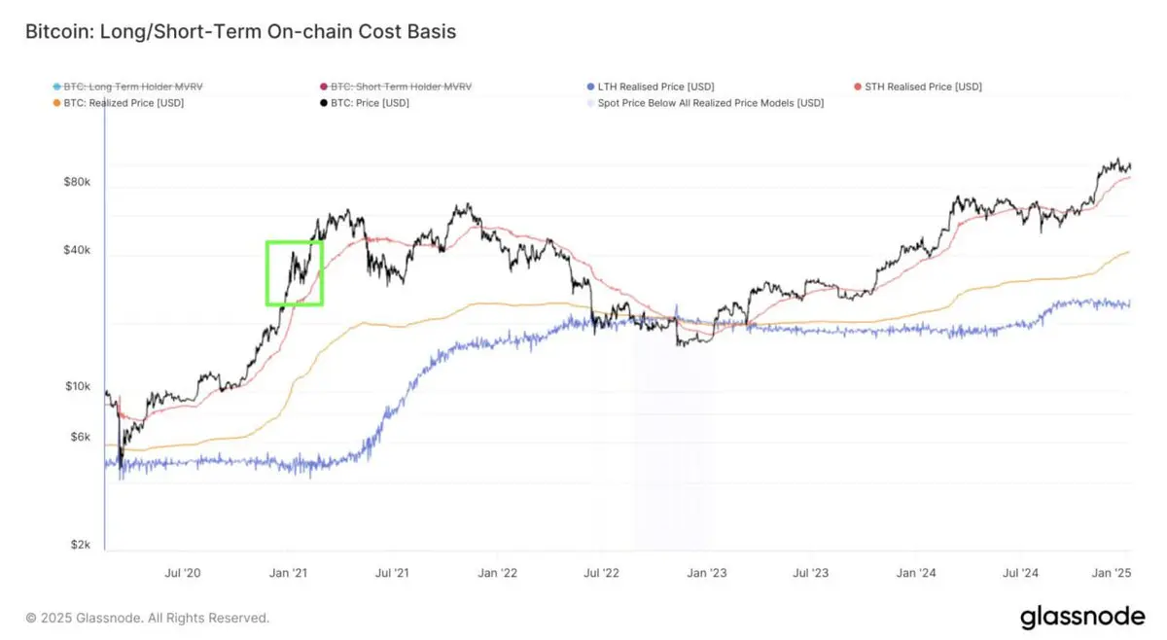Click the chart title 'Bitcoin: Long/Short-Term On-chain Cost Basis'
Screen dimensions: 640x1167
[x=240, y=32]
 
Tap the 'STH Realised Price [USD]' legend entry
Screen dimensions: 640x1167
[x=923, y=87]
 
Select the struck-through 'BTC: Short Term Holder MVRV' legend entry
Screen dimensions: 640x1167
[x=402, y=87]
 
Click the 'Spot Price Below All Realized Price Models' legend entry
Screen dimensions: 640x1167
[x=711, y=102]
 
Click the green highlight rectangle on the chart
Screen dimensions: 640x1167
[x=294, y=273]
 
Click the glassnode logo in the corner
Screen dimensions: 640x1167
[x=1082, y=617]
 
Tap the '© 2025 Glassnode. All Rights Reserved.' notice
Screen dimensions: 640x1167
[x=148, y=618]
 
